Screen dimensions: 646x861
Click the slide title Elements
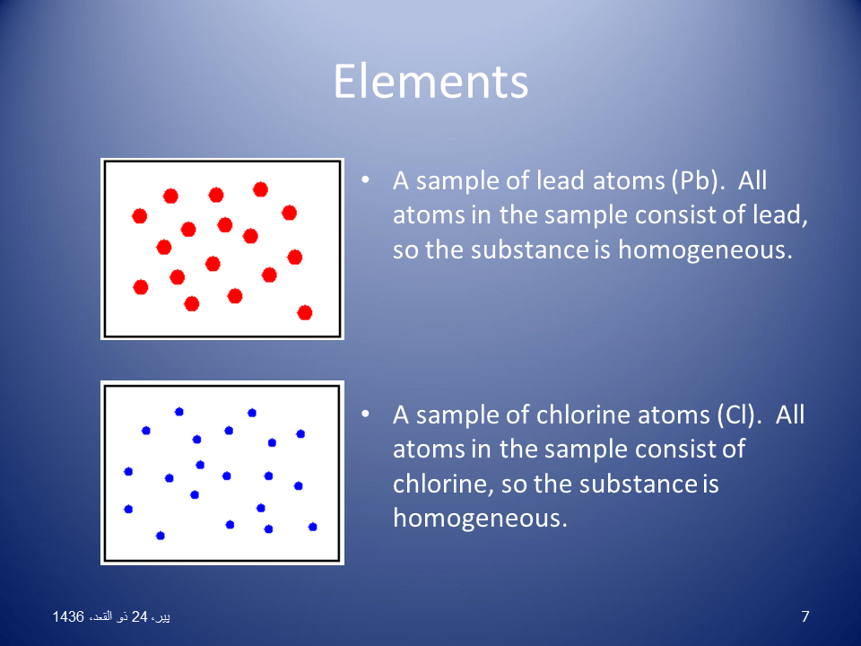pos(430,82)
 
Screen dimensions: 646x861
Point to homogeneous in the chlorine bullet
pos(480,518)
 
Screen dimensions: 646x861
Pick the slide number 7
pos(804,616)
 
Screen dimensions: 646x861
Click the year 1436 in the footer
pos(68,617)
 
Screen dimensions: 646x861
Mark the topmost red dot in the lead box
pos(260,189)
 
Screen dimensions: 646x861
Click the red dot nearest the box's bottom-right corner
pos(305,312)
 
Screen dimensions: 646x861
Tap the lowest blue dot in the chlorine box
pos(161,536)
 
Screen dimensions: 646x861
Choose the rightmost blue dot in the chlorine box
pos(313,527)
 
